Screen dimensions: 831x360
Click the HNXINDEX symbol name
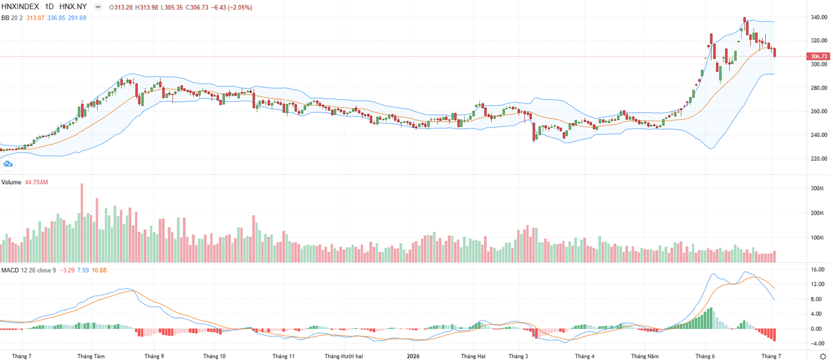point(20,7)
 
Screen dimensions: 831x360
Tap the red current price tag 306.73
point(818,56)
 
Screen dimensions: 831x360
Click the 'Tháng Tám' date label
point(91,356)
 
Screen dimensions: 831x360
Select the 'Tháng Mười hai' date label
point(344,356)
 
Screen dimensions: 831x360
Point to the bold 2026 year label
point(413,356)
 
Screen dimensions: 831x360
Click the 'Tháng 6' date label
point(705,356)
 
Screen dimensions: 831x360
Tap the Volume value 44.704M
point(36,182)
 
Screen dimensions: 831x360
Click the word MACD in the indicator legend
point(10,270)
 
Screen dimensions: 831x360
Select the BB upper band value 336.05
point(56,18)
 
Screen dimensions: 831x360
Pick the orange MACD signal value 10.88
point(99,270)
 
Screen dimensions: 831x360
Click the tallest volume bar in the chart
point(82,223)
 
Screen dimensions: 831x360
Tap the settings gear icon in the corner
point(823,356)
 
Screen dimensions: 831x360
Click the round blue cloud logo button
point(8,163)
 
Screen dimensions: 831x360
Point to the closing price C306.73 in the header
point(197,8)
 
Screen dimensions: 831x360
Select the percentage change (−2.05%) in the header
point(240,8)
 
